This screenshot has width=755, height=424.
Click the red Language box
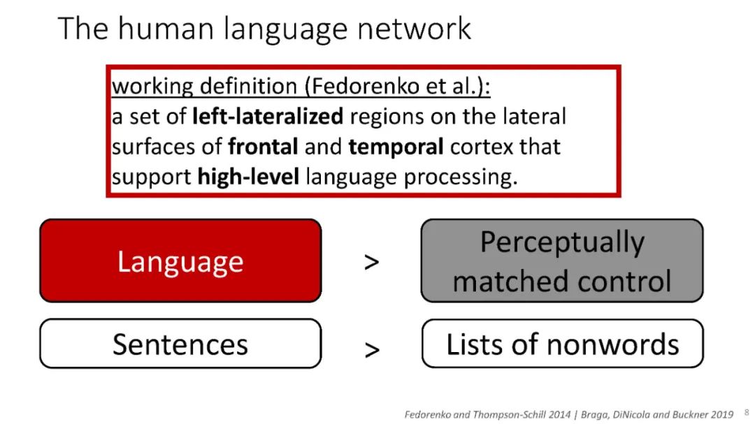point(180,261)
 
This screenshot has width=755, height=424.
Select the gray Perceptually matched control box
point(562,261)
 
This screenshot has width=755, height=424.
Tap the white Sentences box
point(180,344)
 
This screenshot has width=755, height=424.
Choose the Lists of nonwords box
point(562,344)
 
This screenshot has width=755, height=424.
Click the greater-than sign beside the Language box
point(372,262)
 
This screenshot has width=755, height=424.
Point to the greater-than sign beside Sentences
point(372,350)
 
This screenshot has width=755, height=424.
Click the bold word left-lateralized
point(268,117)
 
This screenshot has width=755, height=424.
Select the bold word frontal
point(263,146)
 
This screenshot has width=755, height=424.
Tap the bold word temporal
point(396,147)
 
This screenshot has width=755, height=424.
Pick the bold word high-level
point(248,177)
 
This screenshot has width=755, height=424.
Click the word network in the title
point(414,29)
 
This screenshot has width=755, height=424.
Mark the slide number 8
point(747,412)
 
